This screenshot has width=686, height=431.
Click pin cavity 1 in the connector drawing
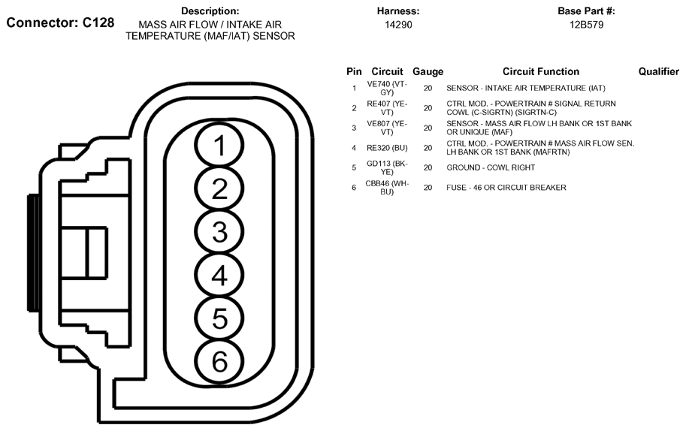point(219,145)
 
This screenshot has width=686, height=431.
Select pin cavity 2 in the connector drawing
point(219,188)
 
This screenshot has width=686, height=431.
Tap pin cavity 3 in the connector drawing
point(219,232)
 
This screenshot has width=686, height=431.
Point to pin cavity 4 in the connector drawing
point(219,276)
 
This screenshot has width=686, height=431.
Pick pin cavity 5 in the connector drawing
point(219,318)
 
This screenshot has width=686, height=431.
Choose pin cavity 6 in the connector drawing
point(219,361)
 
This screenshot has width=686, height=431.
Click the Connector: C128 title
point(60,23)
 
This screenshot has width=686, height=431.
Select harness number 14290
point(398,25)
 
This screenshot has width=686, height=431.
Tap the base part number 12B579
point(586,25)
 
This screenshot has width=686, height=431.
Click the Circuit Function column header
point(541,71)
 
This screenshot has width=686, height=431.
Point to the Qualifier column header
point(659,71)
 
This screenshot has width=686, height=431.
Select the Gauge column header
point(428,71)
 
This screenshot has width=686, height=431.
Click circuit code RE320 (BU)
point(387,148)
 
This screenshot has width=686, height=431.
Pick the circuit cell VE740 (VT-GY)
point(387,89)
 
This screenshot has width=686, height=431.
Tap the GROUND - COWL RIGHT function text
point(491,167)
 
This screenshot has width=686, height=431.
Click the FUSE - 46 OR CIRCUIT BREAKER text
point(506,188)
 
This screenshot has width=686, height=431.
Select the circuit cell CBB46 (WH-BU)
point(387,188)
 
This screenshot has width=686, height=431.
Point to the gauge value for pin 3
point(428,128)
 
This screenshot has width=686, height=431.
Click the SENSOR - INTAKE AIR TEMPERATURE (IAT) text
point(526,89)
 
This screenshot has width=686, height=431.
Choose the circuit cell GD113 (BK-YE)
point(387,168)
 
